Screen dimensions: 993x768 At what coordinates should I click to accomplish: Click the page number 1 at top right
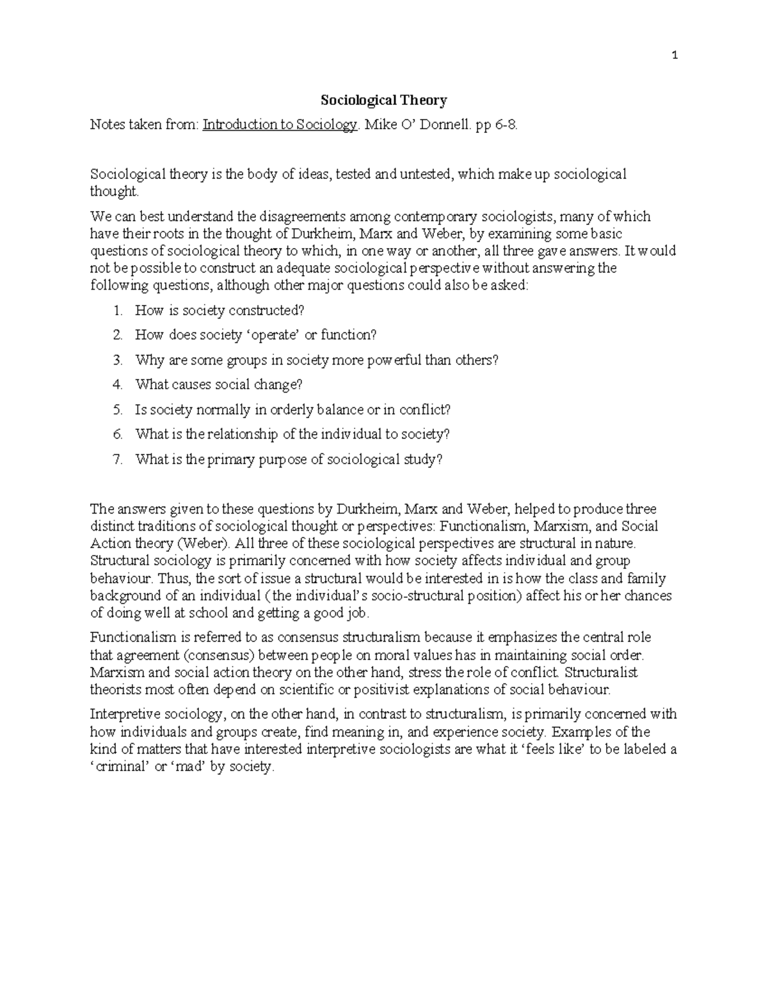pos(675,56)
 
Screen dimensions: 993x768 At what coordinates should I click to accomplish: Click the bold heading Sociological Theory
pos(383,100)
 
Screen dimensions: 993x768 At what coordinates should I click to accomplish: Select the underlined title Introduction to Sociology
pos(280,125)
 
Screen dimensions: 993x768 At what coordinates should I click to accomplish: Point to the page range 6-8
pos(504,125)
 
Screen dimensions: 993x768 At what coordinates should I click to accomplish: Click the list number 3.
pos(117,360)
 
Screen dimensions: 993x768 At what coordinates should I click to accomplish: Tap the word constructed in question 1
pos(266,311)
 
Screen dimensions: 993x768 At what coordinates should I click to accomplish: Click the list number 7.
pos(117,459)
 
